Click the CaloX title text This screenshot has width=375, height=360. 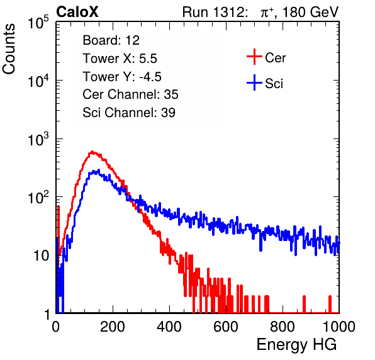click(77, 12)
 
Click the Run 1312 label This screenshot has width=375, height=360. click(215, 12)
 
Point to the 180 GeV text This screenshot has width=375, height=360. click(310, 12)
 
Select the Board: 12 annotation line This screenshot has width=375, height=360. click(111, 40)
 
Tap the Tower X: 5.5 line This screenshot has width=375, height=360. click(120, 59)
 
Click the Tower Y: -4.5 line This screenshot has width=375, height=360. click(122, 77)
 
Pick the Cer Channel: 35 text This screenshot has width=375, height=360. click(130, 94)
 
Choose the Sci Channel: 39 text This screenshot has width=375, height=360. click(129, 113)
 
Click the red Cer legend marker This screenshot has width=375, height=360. click(254, 57)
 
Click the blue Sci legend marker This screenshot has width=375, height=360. click(254, 83)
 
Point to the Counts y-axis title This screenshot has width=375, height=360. click(9, 49)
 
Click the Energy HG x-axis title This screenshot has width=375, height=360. click(296, 345)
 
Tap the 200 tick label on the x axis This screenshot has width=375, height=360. click(113, 327)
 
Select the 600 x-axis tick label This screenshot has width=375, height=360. click(226, 327)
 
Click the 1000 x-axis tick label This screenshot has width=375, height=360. click(339, 327)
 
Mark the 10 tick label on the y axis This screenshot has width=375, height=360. click(42, 256)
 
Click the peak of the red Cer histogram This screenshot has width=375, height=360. click(92, 152)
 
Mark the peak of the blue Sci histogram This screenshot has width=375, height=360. click(98, 170)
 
